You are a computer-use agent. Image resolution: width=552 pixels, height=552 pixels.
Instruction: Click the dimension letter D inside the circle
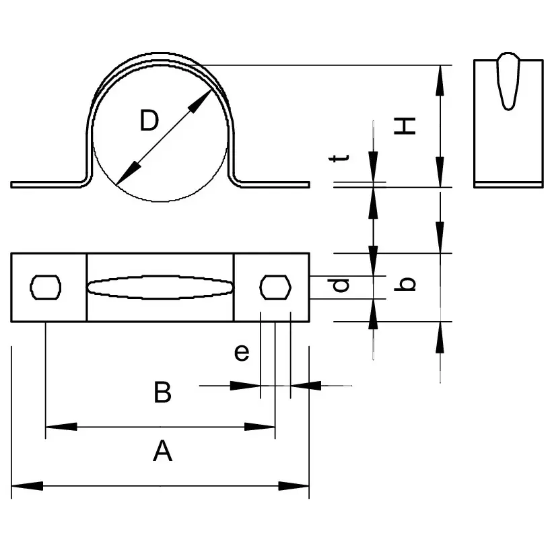click(x=149, y=121)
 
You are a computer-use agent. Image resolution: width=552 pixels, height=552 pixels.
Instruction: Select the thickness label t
click(x=342, y=158)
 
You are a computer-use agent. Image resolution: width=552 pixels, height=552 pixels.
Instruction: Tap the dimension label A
click(x=162, y=452)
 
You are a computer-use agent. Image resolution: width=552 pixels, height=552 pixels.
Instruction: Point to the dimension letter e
click(x=242, y=352)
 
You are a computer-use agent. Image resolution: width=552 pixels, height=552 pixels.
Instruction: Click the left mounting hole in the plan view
click(x=46, y=287)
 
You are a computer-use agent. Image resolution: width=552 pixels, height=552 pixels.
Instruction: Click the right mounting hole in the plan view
click(x=275, y=287)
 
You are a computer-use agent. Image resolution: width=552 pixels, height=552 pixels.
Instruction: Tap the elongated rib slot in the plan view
click(x=160, y=287)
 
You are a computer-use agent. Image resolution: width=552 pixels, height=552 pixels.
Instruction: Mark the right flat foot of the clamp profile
click(x=276, y=184)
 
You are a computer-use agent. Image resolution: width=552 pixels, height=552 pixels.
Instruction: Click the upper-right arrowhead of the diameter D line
click(x=200, y=100)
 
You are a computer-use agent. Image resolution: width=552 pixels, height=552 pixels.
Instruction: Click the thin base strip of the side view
click(x=508, y=183)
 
